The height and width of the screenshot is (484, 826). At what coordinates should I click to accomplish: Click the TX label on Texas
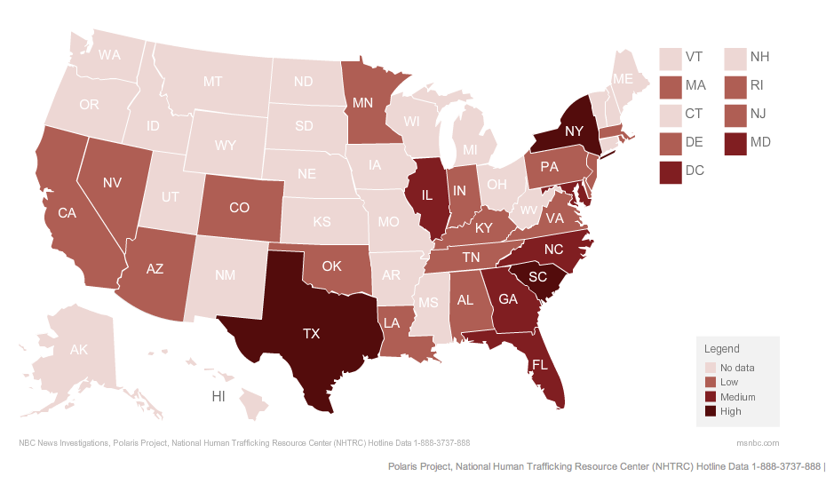(311, 334)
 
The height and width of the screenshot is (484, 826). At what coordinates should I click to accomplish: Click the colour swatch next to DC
(671, 171)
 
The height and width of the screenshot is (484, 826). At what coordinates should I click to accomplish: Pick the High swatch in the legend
(711, 411)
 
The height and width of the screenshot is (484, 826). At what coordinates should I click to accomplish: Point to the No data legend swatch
(711, 367)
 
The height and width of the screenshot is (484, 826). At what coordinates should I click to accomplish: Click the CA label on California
(67, 213)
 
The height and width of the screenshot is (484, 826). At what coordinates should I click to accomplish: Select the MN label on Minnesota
(362, 102)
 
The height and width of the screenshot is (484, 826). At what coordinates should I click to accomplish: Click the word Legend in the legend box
(721, 349)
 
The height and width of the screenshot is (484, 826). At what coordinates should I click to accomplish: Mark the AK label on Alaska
(79, 350)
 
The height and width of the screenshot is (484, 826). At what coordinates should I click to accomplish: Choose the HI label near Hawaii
(218, 396)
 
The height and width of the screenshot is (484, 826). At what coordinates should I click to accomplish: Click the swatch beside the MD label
(735, 142)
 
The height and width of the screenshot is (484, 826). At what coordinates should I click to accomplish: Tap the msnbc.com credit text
(758, 442)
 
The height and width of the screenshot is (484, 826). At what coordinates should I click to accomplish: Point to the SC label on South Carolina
(537, 276)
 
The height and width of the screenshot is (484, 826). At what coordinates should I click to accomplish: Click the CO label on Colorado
(239, 208)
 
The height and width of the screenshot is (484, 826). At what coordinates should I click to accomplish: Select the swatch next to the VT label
(671, 58)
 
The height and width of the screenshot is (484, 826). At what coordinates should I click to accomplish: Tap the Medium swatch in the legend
(711, 396)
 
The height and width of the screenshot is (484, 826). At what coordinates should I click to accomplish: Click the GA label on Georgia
(507, 298)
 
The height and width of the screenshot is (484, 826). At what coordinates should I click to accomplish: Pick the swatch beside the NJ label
(735, 114)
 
